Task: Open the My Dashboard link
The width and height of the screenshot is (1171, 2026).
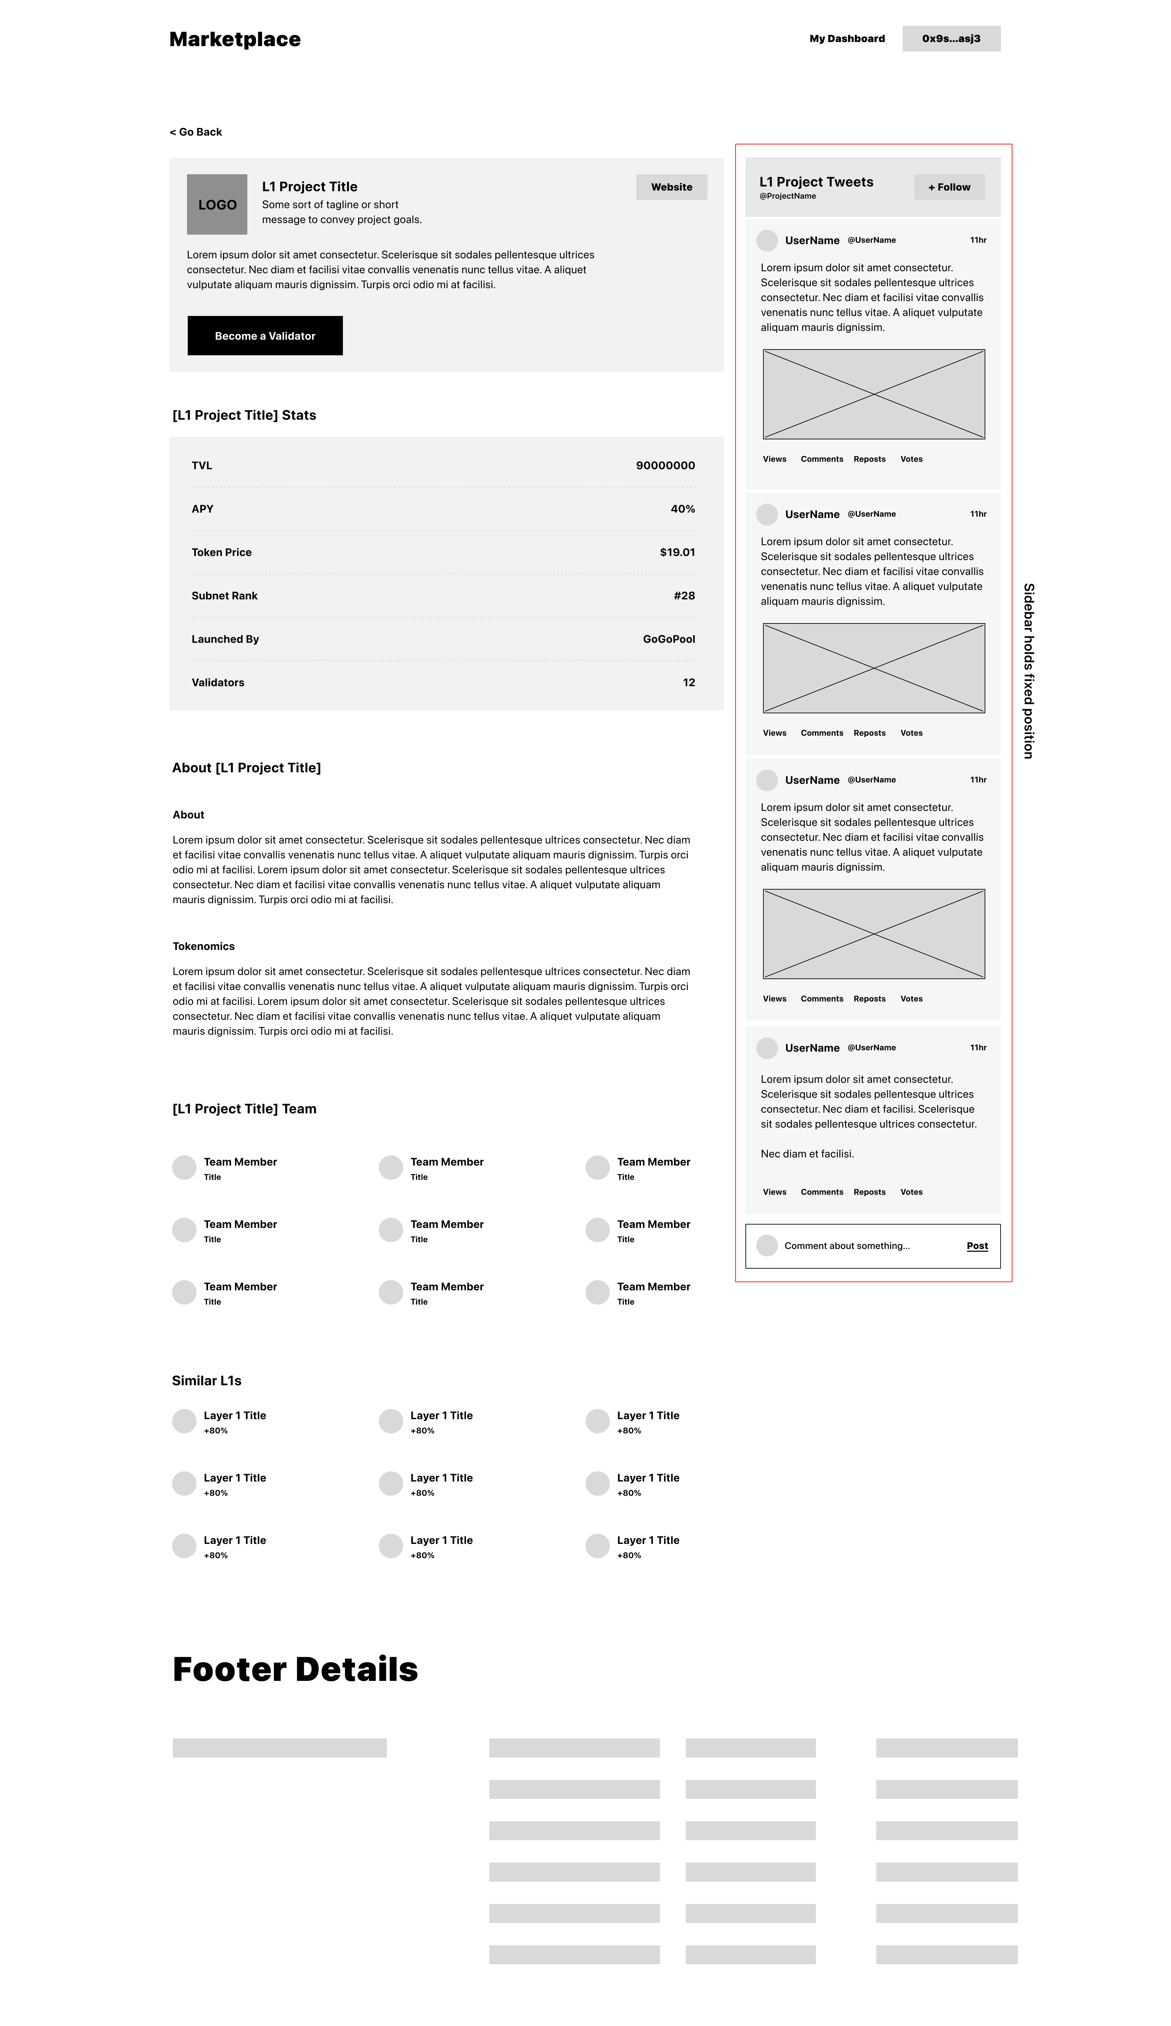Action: click(x=846, y=39)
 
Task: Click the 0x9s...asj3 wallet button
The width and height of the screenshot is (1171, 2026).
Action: click(x=951, y=39)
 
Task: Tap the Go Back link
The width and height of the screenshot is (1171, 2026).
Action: click(x=196, y=132)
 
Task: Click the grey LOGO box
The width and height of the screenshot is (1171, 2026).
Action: click(x=217, y=204)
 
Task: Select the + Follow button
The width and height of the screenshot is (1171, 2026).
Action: click(x=948, y=186)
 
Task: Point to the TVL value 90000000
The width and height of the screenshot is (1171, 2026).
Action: click(x=665, y=465)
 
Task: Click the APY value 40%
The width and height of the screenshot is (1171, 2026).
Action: click(x=682, y=509)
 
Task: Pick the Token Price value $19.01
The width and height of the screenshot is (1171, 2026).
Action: click(x=677, y=552)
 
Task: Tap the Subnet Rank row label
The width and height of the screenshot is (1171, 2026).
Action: click(x=224, y=596)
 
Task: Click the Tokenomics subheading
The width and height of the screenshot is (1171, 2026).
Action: click(x=203, y=946)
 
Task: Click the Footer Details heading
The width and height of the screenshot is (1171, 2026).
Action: click(x=295, y=1670)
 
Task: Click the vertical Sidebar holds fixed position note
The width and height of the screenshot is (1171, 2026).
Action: click(x=1028, y=671)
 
